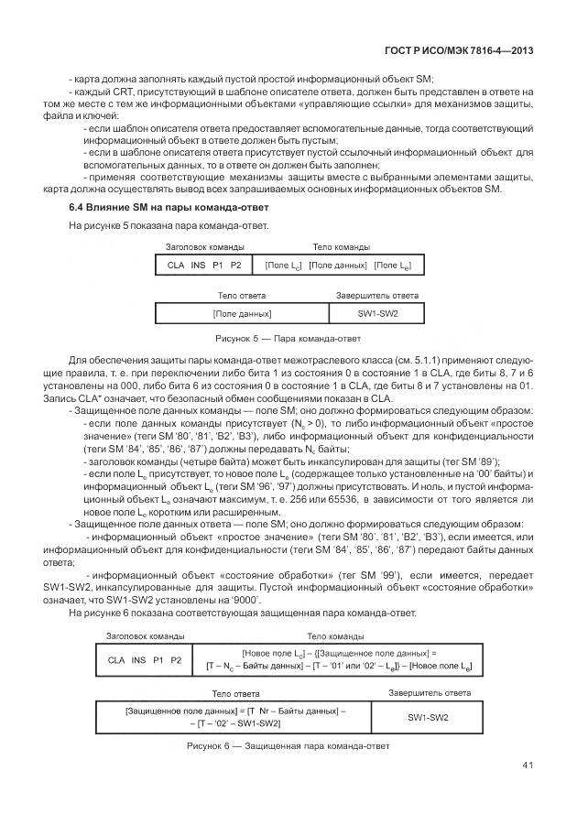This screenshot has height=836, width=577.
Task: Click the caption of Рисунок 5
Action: (288, 339)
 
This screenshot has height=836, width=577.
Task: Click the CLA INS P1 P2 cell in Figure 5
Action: (203, 265)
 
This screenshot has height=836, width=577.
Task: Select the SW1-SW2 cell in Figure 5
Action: (377, 313)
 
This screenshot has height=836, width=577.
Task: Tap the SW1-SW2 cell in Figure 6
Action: (428, 716)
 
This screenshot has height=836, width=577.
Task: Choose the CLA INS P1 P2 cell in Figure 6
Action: (145, 659)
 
